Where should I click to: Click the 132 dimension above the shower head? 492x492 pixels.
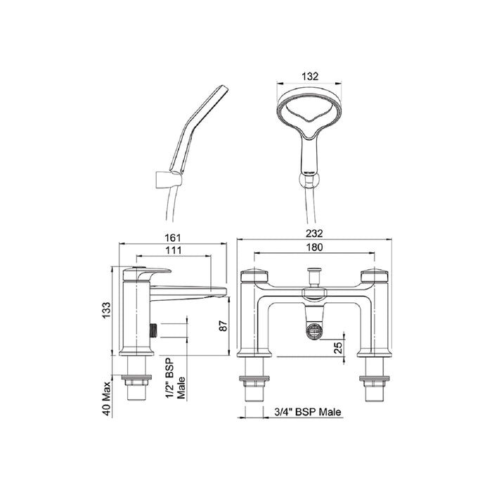click(x=309, y=76)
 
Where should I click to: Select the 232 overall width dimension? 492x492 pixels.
click(x=314, y=233)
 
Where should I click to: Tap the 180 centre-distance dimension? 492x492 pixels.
click(x=314, y=247)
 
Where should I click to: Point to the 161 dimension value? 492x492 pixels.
click(x=173, y=238)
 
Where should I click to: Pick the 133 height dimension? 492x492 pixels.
click(x=106, y=310)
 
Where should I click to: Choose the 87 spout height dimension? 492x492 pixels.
click(x=223, y=325)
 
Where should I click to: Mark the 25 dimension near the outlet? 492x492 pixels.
click(x=337, y=348)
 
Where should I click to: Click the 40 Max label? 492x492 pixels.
click(x=107, y=399)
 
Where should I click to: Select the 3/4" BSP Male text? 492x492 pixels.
click(x=308, y=412)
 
